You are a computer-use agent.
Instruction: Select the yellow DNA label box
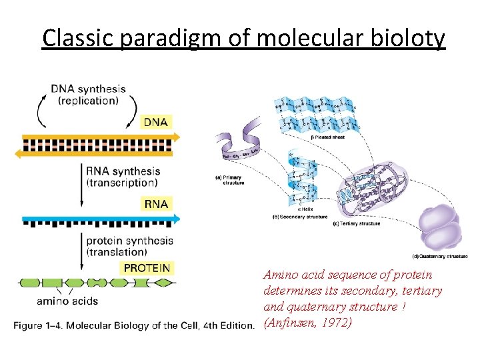tap(156, 121)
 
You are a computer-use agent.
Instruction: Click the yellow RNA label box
tap(155, 203)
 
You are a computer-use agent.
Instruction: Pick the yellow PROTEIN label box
tap(147, 268)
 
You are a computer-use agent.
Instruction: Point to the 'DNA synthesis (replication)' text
tap(88, 95)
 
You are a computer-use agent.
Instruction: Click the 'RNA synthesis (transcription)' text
tap(123, 177)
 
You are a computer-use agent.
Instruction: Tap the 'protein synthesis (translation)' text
tap(129, 246)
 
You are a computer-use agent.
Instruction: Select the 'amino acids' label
tap(67, 301)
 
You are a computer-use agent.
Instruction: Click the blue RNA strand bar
tap(100, 218)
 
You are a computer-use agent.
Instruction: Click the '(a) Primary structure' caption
tap(230, 179)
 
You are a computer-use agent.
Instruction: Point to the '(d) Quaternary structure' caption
tap(440, 256)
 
